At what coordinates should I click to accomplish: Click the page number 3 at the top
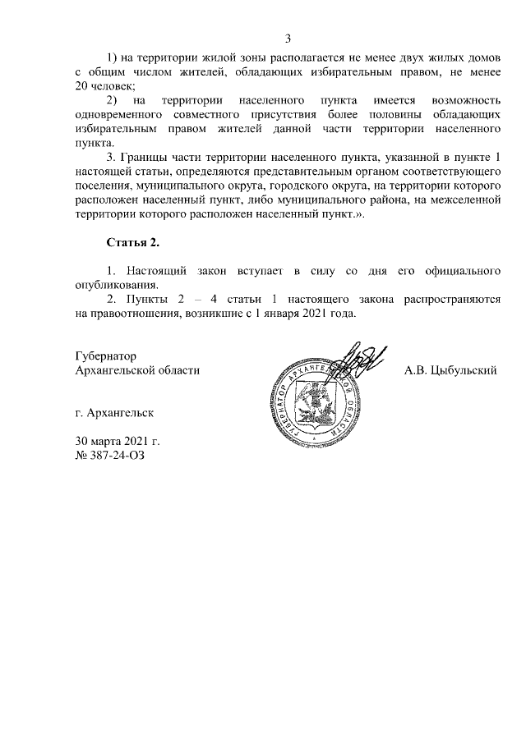click(x=288, y=39)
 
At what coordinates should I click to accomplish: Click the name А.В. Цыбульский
click(x=450, y=370)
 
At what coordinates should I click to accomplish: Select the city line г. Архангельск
click(x=113, y=412)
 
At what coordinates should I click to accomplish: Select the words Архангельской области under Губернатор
click(x=137, y=370)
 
